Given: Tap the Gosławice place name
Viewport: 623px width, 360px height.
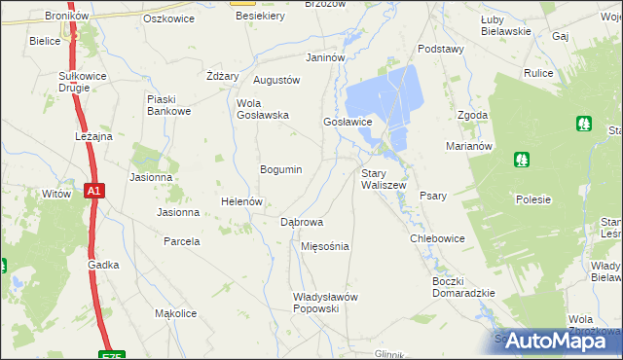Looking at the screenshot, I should click(348, 122).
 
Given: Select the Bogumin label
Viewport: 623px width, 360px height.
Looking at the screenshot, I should click(280, 169).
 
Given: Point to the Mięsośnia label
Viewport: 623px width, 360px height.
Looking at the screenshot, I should click(325, 246).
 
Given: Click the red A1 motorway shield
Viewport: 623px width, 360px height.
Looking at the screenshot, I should click(92, 193).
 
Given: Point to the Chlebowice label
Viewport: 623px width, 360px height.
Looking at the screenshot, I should click(437, 238).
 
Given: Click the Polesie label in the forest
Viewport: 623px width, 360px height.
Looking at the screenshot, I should click(533, 199).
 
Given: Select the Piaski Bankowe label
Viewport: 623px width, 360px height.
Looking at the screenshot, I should click(167, 104).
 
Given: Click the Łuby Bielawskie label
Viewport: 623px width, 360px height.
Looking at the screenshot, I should click(505, 25).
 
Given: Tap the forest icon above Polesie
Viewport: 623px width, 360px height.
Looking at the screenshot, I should click(522, 159).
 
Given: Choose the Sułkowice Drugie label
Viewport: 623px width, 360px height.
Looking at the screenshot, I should click(74, 81).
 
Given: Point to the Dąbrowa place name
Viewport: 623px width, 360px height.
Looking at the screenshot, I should click(302, 222).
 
